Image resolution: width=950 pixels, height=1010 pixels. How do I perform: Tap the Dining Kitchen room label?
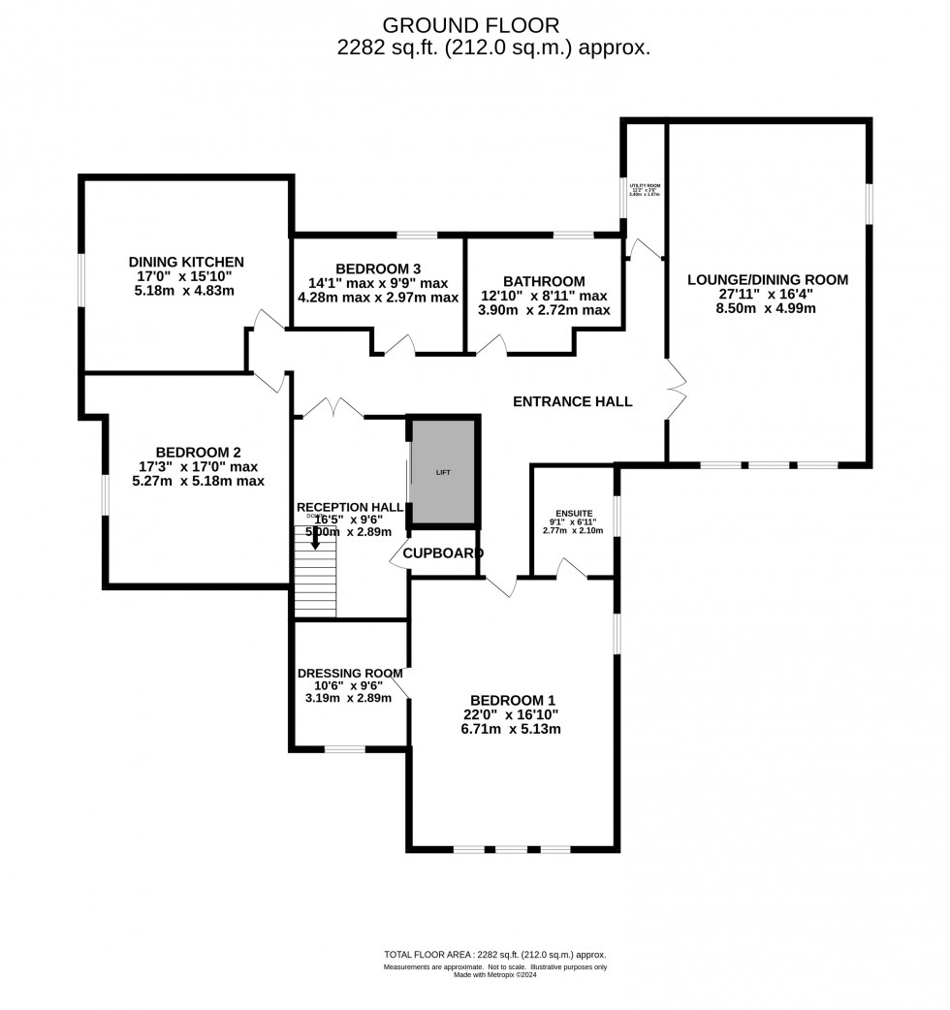point(186,262)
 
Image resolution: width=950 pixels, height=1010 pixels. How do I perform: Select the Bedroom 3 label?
point(378,268)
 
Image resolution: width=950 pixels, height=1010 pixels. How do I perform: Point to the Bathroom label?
point(544,281)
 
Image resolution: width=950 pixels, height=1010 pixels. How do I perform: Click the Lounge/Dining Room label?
point(767,280)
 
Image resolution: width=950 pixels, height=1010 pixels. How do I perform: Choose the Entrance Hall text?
point(572,401)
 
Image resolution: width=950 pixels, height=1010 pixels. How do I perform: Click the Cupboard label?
point(443,553)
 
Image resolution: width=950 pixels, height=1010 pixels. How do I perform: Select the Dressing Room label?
point(350,673)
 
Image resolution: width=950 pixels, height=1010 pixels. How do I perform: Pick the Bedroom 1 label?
point(513,700)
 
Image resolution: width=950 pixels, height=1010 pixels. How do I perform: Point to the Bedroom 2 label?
point(198,452)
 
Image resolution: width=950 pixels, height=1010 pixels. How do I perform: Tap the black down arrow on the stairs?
point(314,540)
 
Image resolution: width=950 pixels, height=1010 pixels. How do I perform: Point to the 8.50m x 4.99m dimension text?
point(767,309)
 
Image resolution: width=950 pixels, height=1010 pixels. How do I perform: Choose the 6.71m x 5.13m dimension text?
point(513,729)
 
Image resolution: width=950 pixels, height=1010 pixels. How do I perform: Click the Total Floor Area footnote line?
point(494,955)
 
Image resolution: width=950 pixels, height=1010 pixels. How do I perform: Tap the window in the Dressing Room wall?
point(344,748)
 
